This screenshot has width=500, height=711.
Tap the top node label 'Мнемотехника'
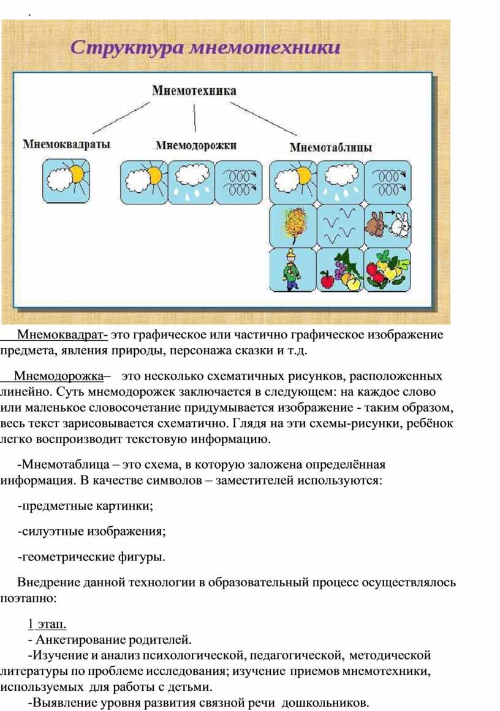point(194,91)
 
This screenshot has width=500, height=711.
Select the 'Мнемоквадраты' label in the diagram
point(67,144)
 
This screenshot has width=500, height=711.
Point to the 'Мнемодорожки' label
point(195,146)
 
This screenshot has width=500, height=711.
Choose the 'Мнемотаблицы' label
point(330,147)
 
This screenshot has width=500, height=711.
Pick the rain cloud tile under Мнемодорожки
point(191,182)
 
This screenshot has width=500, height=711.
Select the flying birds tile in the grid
point(339,225)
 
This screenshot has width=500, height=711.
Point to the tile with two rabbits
point(387,225)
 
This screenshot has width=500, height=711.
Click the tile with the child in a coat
point(292,269)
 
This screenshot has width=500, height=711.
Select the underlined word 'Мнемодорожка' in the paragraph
point(59,375)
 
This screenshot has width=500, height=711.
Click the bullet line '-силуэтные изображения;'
point(93,532)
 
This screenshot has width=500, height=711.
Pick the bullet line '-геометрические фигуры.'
point(92,557)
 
